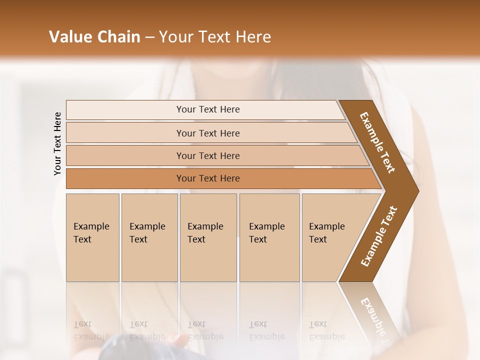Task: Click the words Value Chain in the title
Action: pyautogui.click(x=94, y=37)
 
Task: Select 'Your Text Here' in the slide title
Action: pyautogui.click(x=215, y=37)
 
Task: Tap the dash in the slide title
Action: pyautogui.click(x=149, y=37)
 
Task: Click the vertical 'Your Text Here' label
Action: pyautogui.click(x=57, y=143)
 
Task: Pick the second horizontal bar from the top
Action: pyautogui.click(x=208, y=133)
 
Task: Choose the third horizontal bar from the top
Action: pyautogui.click(x=208, y=155)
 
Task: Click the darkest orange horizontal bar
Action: pyautogui.click(x=208, y=178)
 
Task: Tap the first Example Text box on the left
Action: pyautogui.click(x=92, y=237)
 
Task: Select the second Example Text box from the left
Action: pyautogui.click(x=149, y=237)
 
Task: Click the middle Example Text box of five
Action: pyautogui.click(x=208, y=237)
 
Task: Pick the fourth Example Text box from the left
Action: pyautogui.click(x=269, y=237)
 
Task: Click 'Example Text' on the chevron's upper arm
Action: pyautogui.click(x=377, y=142)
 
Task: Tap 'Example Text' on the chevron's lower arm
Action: pyautogui.click(x=379, y=236)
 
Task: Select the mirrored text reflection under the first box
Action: pyautogui.click(x=91, y=330)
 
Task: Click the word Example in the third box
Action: pyautogui.click(x=205, y=226)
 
